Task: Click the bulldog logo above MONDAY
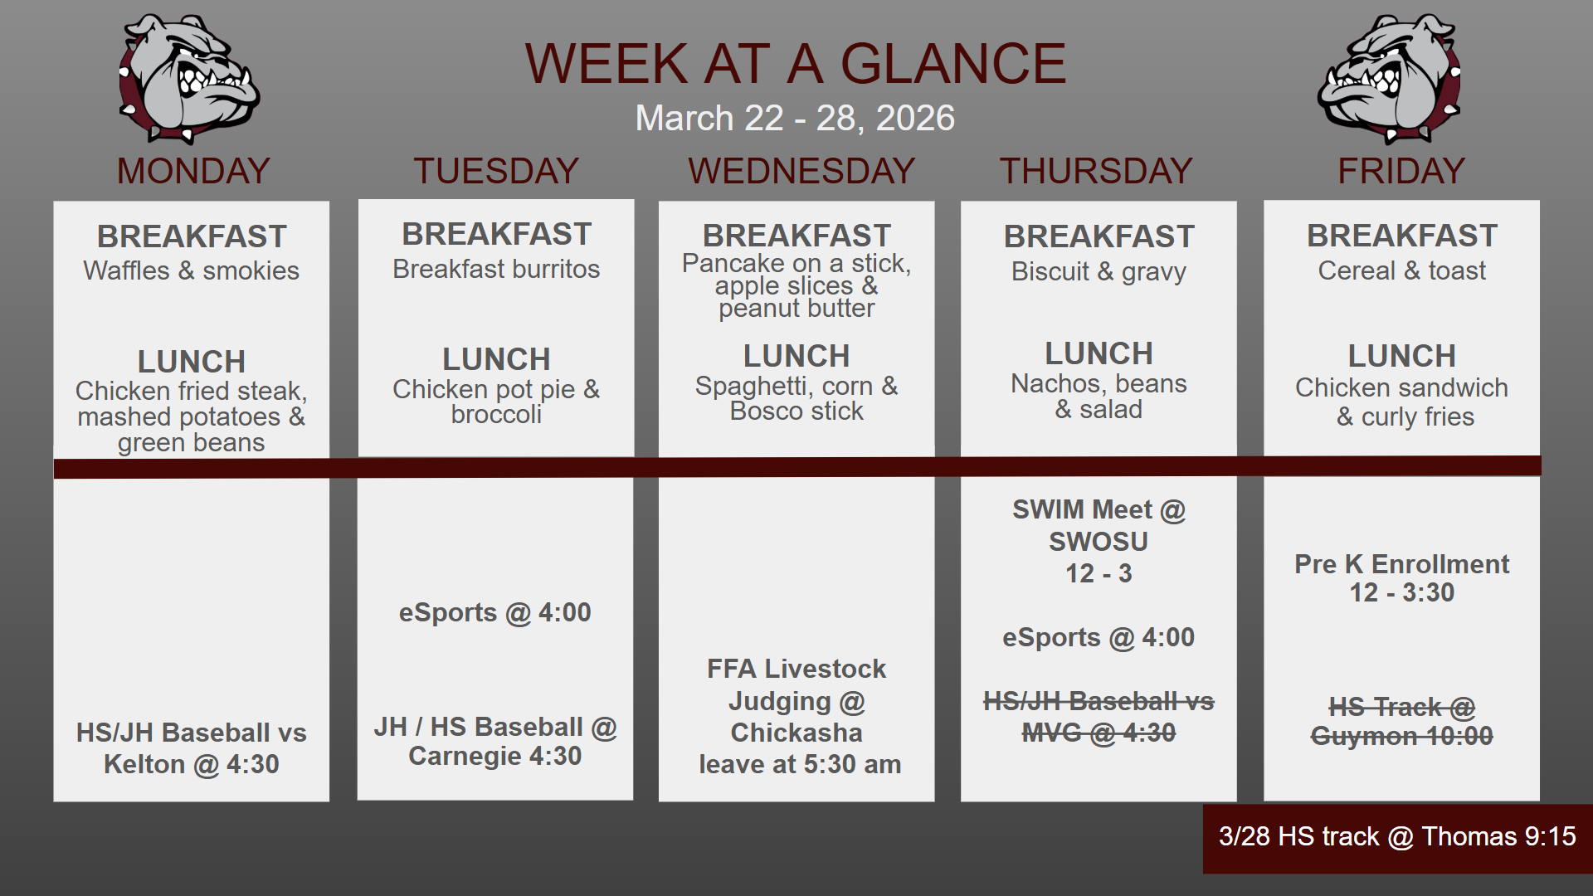pyautogui.click(x=189, y=79)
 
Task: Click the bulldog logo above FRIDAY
pyautogui.click(x=1390, y=79)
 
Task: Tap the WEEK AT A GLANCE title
pyautogui.click(x=796, y=63)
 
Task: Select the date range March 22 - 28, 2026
pyautogui.click(x=795, y=118)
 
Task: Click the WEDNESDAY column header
pyautogui.click(x=801, y=171)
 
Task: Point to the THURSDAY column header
pyautogui.click(x=1096, y=171)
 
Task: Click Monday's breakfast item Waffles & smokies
pyautogui.click(x=192, y=270)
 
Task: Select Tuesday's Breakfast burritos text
pyautogui.click(x=496, y=269)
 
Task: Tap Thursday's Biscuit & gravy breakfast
pyautogui.click(x=1099, y=272)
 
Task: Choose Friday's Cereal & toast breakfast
pyautogui.click(x=1402, y=270)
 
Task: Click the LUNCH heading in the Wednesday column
pyautogui.click(x=796, y=356)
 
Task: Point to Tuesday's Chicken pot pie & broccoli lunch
pyautogui.click(x=496, y=402)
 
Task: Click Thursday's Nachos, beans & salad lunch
pyautogui.click(x=1099, y=397)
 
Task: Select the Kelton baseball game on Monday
pyautogui.click(x=192, y=748)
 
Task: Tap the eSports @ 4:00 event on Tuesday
pyautogui.click(x=495, y=613)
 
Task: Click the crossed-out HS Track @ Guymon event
pyautogui.click(x=1402, y=721)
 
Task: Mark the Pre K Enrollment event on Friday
pyautogui.click(x=1402, y=578)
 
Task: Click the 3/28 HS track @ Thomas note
pyautogui.click(x=1397, y=836)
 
